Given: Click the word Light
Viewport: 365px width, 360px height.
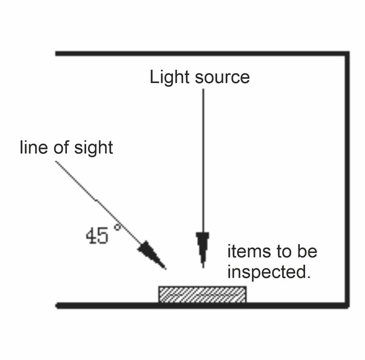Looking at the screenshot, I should pyautogui.click(x=168, y=77).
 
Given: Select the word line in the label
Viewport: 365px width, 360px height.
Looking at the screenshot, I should pyautogui.click(x=33, y=147).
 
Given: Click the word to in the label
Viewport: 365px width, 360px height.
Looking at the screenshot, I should pyautogui.click(x=282, y=251).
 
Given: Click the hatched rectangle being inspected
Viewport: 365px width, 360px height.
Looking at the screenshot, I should pyautogui.click(x=202, y=294).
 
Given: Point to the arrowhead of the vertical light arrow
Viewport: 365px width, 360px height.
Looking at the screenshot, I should pyautogui.click(x=202, y=247).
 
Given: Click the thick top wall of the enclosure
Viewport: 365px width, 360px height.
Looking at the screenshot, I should pyautogui.click(x=200, y=53).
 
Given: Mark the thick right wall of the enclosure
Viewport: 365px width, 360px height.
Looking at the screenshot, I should pyautogui.click(x=347, y=180).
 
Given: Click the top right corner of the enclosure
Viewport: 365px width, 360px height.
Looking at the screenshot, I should pyautogui.click(x=347, y=54).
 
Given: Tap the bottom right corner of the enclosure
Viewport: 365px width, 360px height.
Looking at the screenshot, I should pyautogui.click(x=347, y=305).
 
